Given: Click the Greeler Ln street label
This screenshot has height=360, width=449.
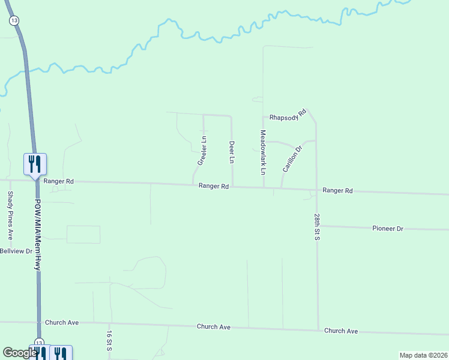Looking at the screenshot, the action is click(202, 151).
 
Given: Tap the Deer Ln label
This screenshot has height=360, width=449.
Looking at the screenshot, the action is click(231, 152).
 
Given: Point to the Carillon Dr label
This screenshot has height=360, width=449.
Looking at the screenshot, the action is click(292, 158).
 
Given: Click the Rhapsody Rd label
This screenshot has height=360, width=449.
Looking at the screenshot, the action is click(288, 115).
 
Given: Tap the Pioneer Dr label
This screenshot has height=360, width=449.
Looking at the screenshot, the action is click(388, 229).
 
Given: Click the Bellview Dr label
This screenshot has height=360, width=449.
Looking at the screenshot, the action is click(16, 251).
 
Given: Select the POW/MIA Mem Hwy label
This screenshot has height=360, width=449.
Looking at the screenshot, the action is click(37, 235).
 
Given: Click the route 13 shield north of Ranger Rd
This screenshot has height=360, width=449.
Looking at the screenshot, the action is click(13, 20).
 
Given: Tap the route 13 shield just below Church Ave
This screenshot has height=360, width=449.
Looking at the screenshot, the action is click(39, 341).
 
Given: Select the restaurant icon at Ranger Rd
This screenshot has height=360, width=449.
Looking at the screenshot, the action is click(35, 164).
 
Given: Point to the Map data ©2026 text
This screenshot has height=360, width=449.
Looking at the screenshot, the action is click(423, 355).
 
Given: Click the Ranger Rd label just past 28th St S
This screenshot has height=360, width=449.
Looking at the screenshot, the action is click(337, 190).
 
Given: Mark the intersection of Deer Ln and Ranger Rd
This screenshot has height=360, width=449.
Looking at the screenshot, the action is click(233, 187).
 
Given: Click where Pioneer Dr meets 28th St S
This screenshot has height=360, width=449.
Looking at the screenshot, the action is click(317, 226).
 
